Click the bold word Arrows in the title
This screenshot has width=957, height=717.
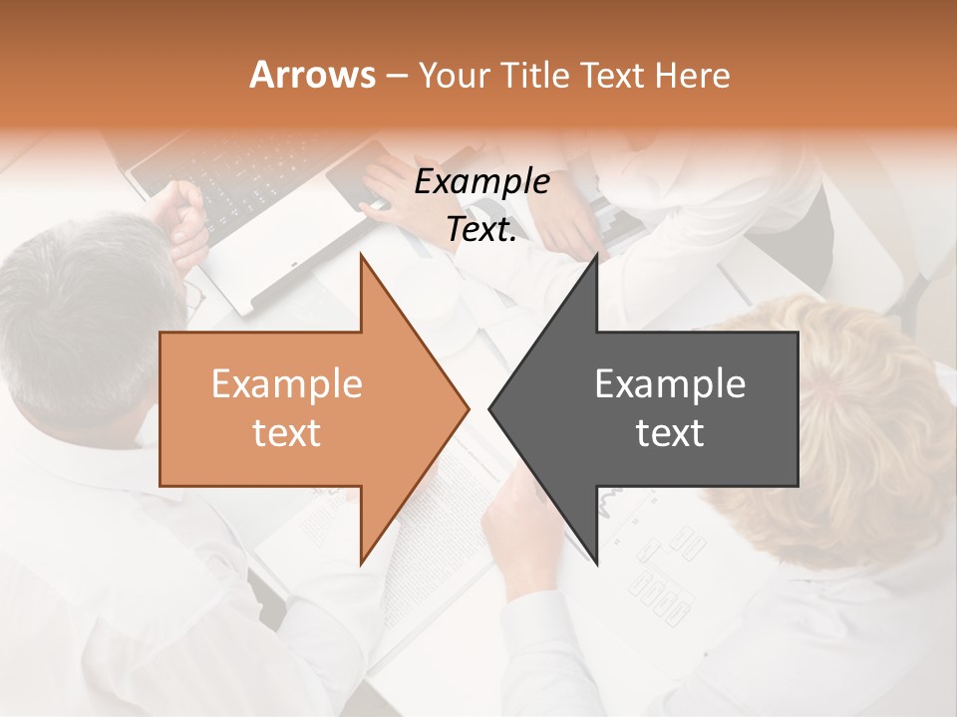312,75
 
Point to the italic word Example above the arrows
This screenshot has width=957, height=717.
481,181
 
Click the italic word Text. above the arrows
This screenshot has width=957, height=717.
481,229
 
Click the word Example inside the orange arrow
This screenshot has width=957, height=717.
286,384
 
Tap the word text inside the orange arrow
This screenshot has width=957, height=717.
286,433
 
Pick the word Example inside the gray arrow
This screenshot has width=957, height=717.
670,384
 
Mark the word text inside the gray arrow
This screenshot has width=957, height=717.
670,433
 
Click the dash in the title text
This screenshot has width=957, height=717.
396,76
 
